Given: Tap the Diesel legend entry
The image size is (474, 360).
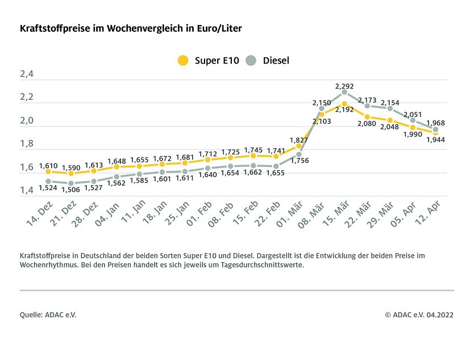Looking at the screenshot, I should coord(269,60).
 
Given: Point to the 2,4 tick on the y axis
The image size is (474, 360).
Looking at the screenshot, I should coord(27,74).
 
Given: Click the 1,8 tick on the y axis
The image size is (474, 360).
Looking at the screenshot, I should coord(27,144).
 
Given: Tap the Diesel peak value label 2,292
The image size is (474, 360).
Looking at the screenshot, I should coord(344,87).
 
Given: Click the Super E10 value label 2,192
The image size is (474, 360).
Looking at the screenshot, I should coord(344,110).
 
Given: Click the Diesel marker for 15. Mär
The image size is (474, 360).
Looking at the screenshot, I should coord(344,92).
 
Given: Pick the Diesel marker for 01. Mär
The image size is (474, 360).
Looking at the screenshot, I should coord(299,154).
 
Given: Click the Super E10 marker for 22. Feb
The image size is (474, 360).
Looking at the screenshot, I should coord(276,156).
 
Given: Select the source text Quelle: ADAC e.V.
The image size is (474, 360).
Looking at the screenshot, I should coord(48,315).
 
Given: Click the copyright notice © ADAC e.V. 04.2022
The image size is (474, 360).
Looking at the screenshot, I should coord(419,315).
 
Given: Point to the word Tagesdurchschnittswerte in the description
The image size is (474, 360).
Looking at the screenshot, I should coord(266,265).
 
